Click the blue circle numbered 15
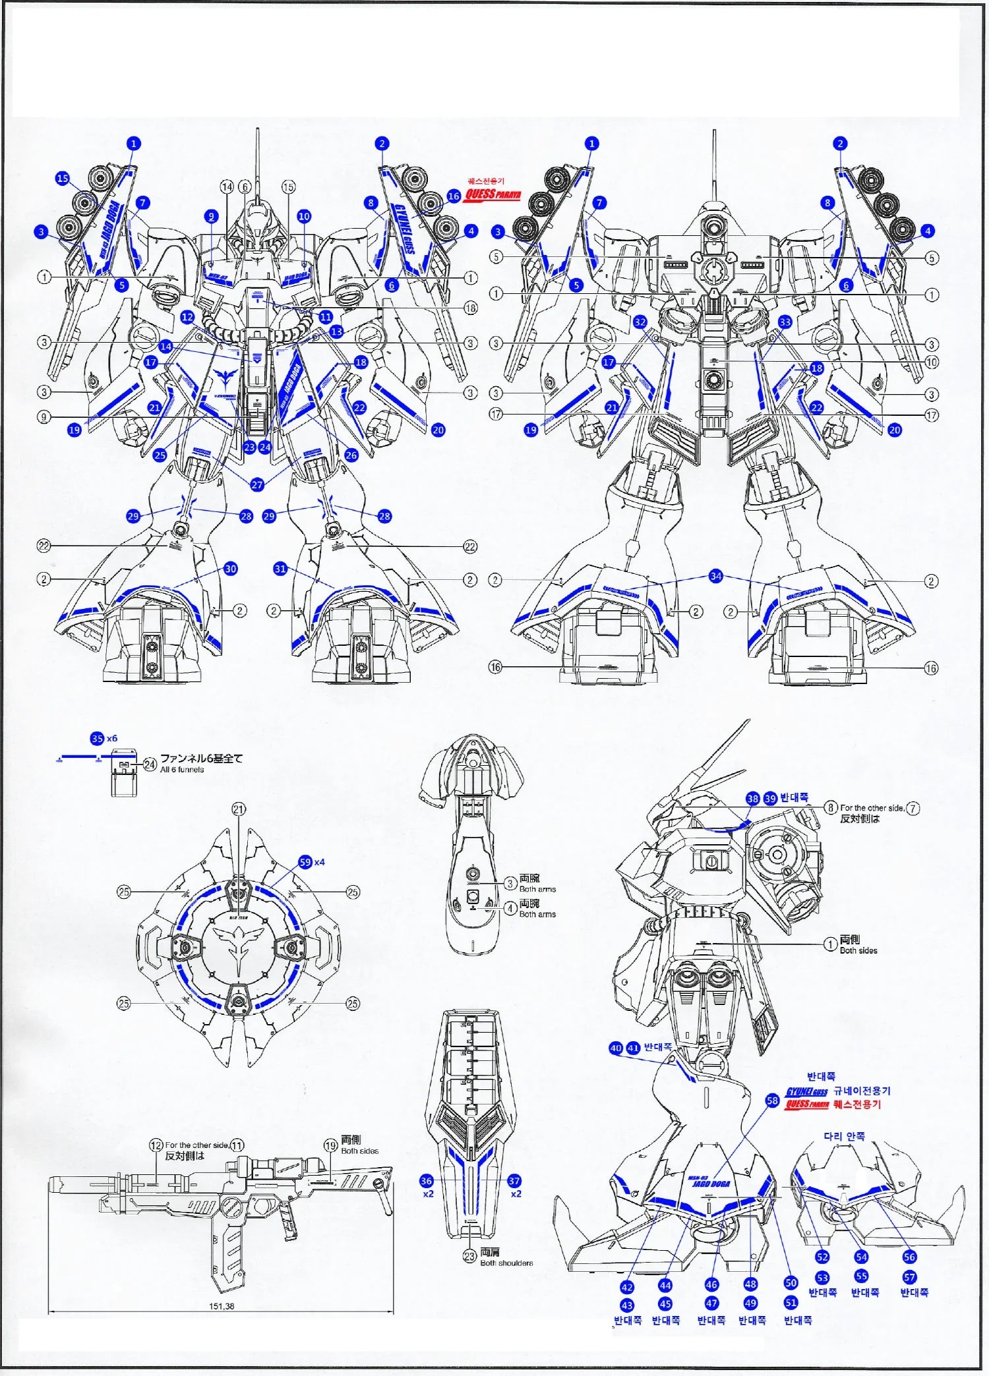[63, 179]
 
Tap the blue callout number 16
[454, 196]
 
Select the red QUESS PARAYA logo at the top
[492, 195]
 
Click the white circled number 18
[471, 308]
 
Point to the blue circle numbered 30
[230, 569]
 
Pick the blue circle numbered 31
[280, 569]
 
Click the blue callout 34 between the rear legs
[716, 577]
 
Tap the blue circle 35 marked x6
[97, 739]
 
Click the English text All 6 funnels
[182, 770]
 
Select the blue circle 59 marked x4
[305, 862]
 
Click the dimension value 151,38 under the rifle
[222, 1306]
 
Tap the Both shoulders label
[506, 1263]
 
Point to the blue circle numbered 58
[773, 1101]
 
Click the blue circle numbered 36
[427, 1182]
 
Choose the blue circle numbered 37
[514, 1182]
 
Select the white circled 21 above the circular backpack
[239, 809]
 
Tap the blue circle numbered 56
[910, 1257]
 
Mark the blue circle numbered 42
[626, 1287]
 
